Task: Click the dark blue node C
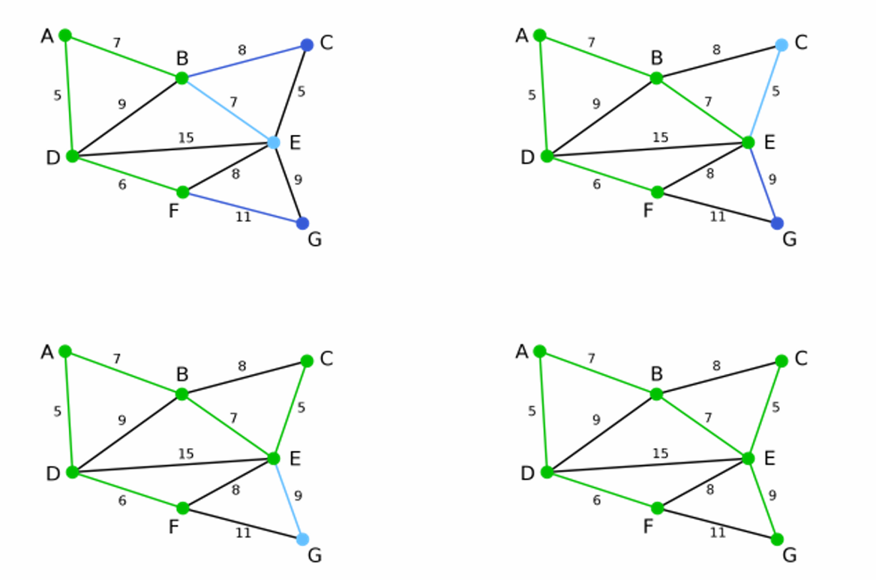[307, 45]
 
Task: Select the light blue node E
[274, 142]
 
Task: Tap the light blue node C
[781, 45]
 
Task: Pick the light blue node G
[303, 540]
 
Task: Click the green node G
[777, 540]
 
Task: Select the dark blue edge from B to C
[244, 61]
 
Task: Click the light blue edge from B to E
[227, 110]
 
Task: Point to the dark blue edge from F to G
[242, 208]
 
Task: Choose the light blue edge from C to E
[765, 94]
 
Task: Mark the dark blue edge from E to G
[762, 183]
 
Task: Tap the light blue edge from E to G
[288, 499]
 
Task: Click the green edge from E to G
[762, 499]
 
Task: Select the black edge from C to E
[290, 94]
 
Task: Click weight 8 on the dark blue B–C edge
[241, 50]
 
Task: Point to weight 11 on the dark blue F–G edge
[243, 217]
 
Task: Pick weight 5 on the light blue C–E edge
[775, 91]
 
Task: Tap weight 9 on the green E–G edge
[773, 495]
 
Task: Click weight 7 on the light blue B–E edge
[233, 101]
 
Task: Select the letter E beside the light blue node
[295, 142]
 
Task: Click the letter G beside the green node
[789, 555]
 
